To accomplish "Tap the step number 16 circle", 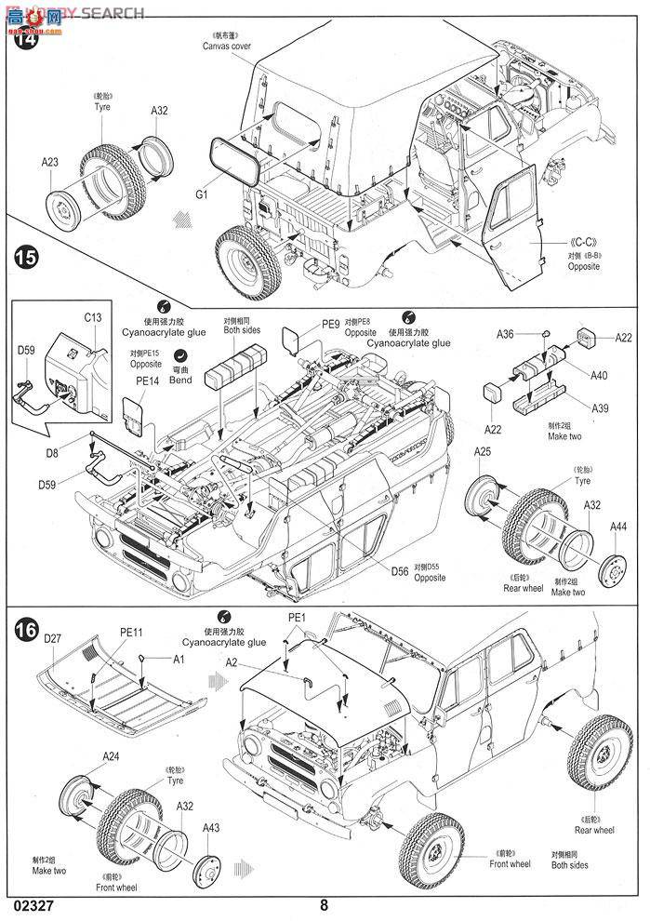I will (27, 631).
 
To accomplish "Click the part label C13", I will (93, 317).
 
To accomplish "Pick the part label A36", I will (505, 334).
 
